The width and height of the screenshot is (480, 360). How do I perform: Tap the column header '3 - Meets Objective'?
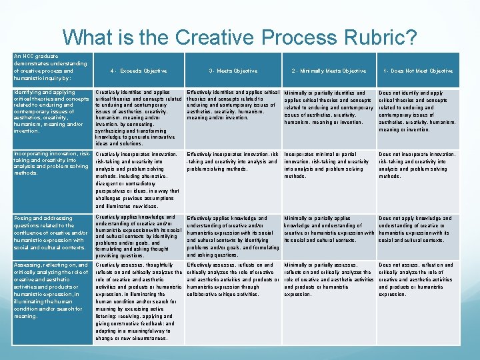233,71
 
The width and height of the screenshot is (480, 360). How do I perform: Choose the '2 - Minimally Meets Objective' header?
329,71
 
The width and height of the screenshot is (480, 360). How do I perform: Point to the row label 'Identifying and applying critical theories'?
50,111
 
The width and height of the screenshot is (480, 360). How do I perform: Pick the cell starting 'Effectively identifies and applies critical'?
233,105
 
